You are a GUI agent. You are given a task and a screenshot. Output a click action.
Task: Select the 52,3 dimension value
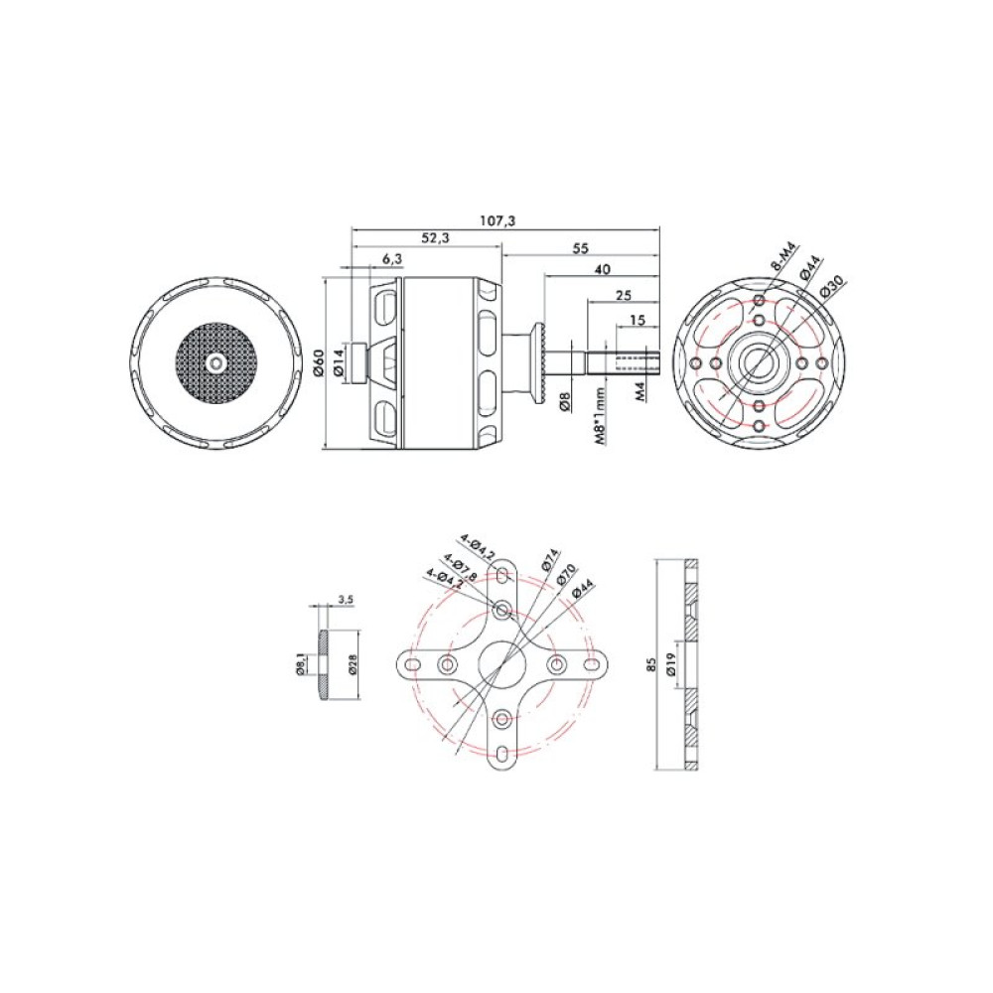(x=434, y=238)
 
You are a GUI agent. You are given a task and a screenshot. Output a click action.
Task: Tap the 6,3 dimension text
(x=392, y=258)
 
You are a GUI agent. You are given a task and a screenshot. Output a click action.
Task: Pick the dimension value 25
(x=624, y=296)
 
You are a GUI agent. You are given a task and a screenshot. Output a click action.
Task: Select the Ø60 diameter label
(x=317, y=364)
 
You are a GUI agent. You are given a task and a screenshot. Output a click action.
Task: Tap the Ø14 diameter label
(x=340, y=362)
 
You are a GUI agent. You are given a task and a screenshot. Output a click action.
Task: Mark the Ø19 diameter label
(x=672, y=665)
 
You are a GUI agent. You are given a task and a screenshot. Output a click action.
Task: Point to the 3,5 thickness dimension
(x=346, y=600)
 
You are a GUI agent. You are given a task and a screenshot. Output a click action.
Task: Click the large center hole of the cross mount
(x=504, y=662)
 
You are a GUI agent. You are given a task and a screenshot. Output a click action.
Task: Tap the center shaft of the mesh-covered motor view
(x=216, y=364)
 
